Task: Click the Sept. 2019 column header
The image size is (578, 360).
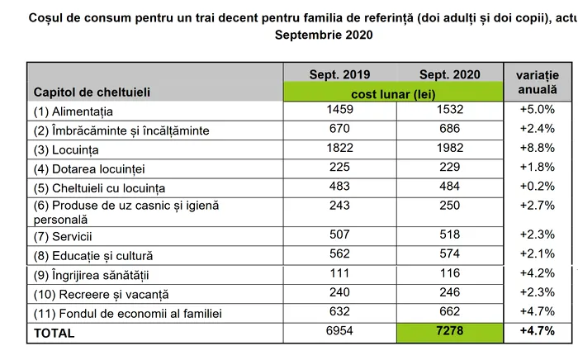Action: coord(339,74)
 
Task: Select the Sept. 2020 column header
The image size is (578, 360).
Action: coord(448,74)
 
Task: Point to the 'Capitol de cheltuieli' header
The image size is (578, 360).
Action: coord(92,92)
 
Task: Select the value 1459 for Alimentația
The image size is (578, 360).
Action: coord(339,108)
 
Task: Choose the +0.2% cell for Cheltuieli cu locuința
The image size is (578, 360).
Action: coord(537,187)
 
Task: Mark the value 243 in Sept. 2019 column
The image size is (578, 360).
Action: coord(339,205)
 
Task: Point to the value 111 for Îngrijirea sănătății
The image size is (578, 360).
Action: coord(339,273)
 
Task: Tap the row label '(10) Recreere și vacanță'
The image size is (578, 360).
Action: coord(100,295)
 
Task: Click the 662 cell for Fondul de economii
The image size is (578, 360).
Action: coord(448,312)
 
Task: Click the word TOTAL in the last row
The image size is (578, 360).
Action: coord(54,334)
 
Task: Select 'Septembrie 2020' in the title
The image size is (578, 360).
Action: coord(323,35)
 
